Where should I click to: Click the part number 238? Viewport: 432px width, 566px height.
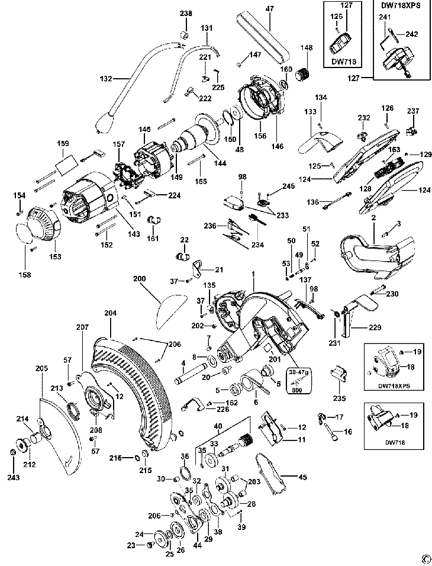point(186,14)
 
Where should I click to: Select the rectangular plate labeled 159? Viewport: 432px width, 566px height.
point(64,159)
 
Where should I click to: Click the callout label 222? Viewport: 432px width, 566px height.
point(205,98)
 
